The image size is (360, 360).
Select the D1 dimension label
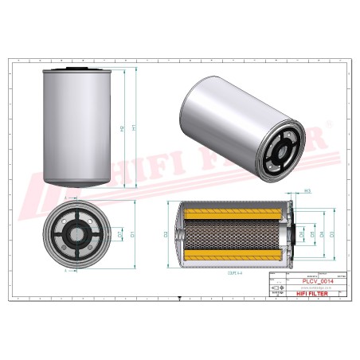132,233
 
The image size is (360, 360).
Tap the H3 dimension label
307,191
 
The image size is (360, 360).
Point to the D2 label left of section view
166,234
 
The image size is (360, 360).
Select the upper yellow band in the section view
233,213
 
